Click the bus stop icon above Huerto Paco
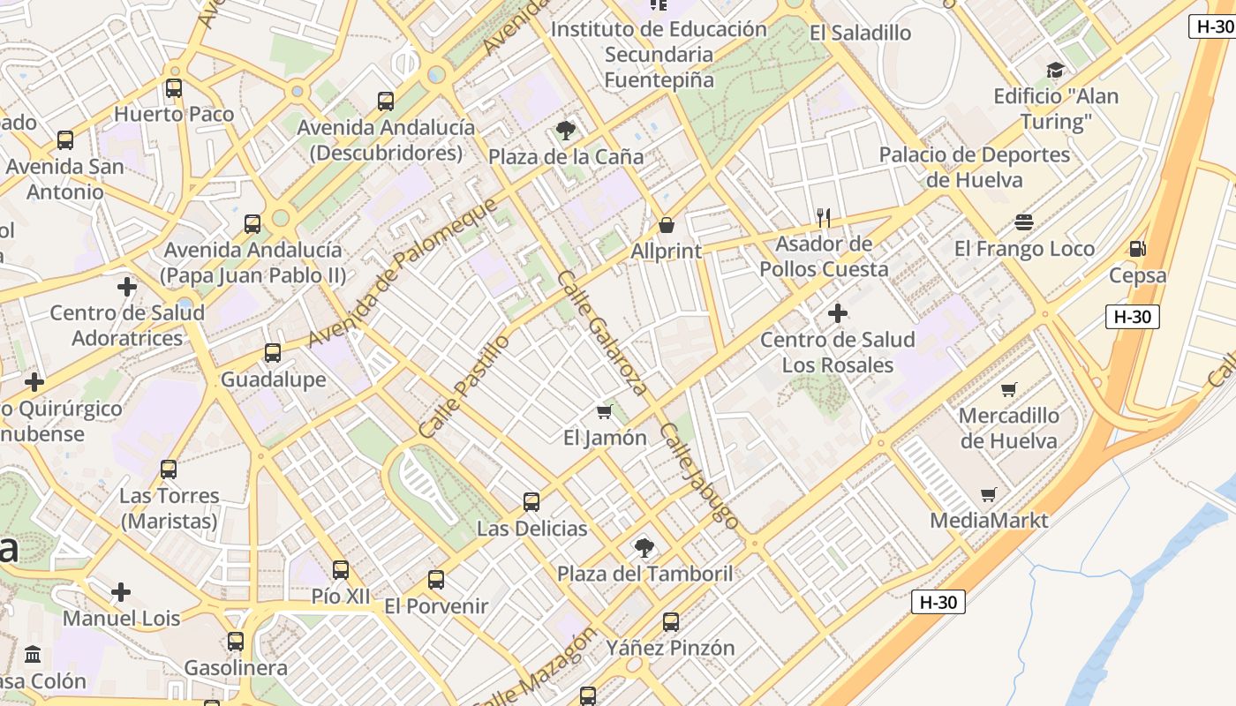coord(174,88)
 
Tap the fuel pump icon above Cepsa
coord(1138,249)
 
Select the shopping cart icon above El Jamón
coord(605,411)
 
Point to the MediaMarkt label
coord(989,521)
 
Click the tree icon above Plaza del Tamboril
coord(644,548)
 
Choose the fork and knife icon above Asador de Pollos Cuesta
coord(824,217)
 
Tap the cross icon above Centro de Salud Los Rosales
coord(837,313)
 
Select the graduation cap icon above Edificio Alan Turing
coord(1055,71)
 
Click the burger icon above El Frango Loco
coord(1024,222)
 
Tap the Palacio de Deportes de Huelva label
coord(975,168)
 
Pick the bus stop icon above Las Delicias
coord(531,502)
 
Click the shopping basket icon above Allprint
coord(667,226)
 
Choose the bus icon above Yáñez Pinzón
coord(671,622)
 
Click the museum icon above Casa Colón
coord(34,655)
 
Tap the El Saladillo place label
coord(860,34)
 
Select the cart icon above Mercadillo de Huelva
coord(1009,389)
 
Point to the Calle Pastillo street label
coord(464,386)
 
